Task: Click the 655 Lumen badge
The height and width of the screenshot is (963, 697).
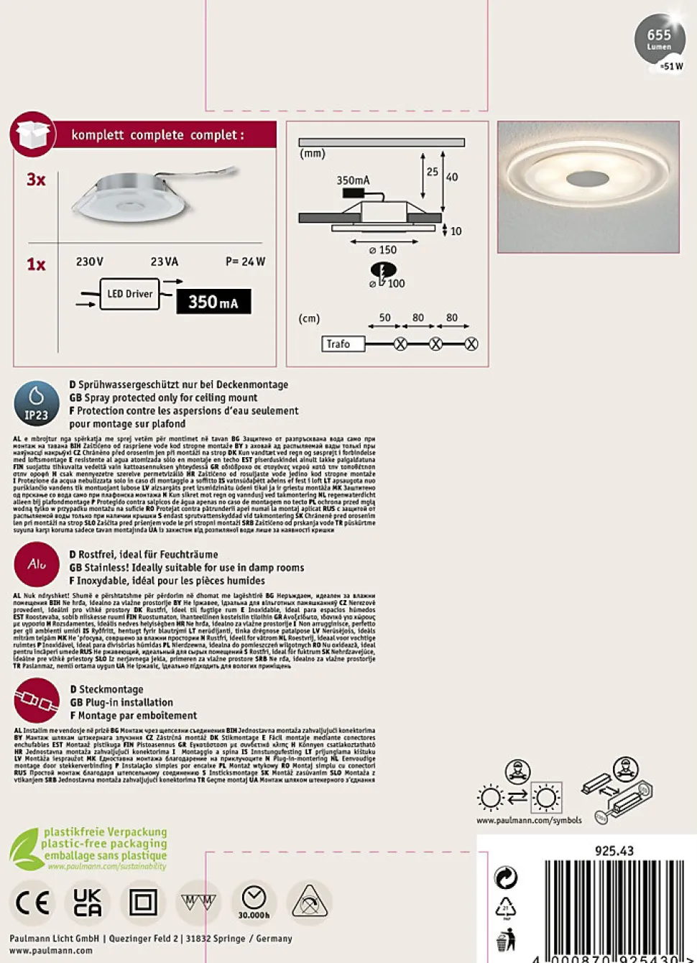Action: click(x=660, y=40)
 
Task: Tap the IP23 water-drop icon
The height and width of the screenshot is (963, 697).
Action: click(x=37, y=404)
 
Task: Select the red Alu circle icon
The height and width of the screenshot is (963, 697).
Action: click(x=37, y=564)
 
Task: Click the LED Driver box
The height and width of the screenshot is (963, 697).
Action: click(x=129, y=294)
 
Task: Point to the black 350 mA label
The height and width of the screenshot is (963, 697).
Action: click(x=213, y=302)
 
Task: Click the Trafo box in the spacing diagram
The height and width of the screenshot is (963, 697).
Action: click(x=342, y=344)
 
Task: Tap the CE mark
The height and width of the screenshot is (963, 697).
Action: click(x=32, y=903)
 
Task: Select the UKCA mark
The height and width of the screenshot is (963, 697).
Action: click(x=88, y=903)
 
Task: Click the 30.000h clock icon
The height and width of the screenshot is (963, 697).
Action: click(x=254, y=902)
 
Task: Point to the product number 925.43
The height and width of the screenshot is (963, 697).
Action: click(x=614, y=851)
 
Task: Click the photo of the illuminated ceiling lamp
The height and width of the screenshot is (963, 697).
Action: click(x=588, y=187)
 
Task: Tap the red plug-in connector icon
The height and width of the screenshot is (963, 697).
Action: click(x=37, y=700)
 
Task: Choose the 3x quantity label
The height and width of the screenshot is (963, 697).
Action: click(x=36, y=180)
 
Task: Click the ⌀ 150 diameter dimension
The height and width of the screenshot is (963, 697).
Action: click(x=383, y=250)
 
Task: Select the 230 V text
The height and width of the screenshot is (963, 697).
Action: click(x=90, y=262)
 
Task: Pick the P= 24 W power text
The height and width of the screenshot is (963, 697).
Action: click(x=245, y=262)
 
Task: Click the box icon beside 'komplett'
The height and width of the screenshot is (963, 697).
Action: click(x=33, y=134)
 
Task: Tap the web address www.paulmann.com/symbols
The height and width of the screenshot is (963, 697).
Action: click(x=529, y=820)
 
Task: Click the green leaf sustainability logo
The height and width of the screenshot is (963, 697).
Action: click(x=24, y=849)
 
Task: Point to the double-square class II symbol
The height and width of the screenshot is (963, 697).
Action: click(x=143, y=903)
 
